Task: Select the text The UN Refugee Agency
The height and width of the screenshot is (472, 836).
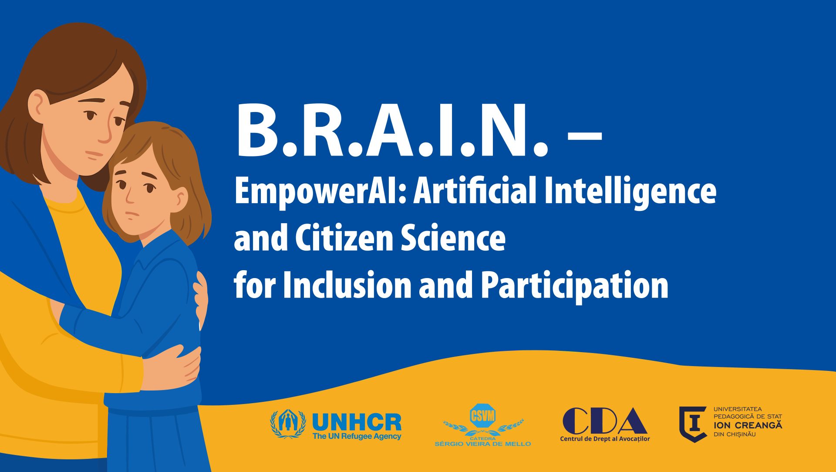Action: tap(357, 436)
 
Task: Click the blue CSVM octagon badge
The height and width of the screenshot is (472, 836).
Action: tap(483, 415)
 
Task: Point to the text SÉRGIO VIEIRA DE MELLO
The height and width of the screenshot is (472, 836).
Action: tap(482, 444)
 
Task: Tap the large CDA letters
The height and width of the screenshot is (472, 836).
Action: tap(605, 421)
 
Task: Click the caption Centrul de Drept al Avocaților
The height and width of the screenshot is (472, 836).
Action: tap(605, 439)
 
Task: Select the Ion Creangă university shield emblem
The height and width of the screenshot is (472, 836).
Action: tap(693, 424)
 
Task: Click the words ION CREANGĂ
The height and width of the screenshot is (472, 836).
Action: tap(748, 425)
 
